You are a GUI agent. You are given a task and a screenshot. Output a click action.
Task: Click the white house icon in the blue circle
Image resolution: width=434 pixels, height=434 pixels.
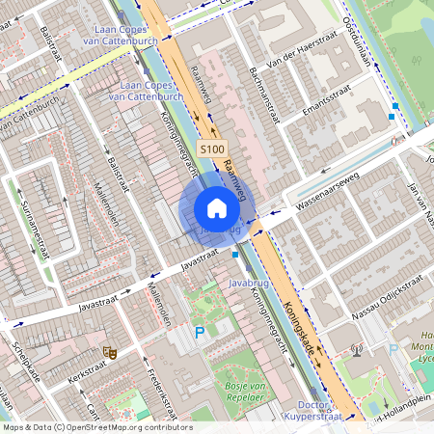pos(217,208)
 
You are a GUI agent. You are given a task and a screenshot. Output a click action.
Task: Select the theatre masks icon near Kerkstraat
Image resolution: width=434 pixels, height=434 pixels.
pos(109,353)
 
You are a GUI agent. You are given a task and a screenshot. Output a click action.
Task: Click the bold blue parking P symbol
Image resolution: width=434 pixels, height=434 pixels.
pos(201,333)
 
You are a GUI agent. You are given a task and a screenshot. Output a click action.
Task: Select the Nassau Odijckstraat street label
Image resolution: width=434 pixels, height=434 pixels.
pos(383,295)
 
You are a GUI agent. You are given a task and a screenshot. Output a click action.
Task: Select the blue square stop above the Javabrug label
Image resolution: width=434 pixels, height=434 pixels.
pos(236,255)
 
